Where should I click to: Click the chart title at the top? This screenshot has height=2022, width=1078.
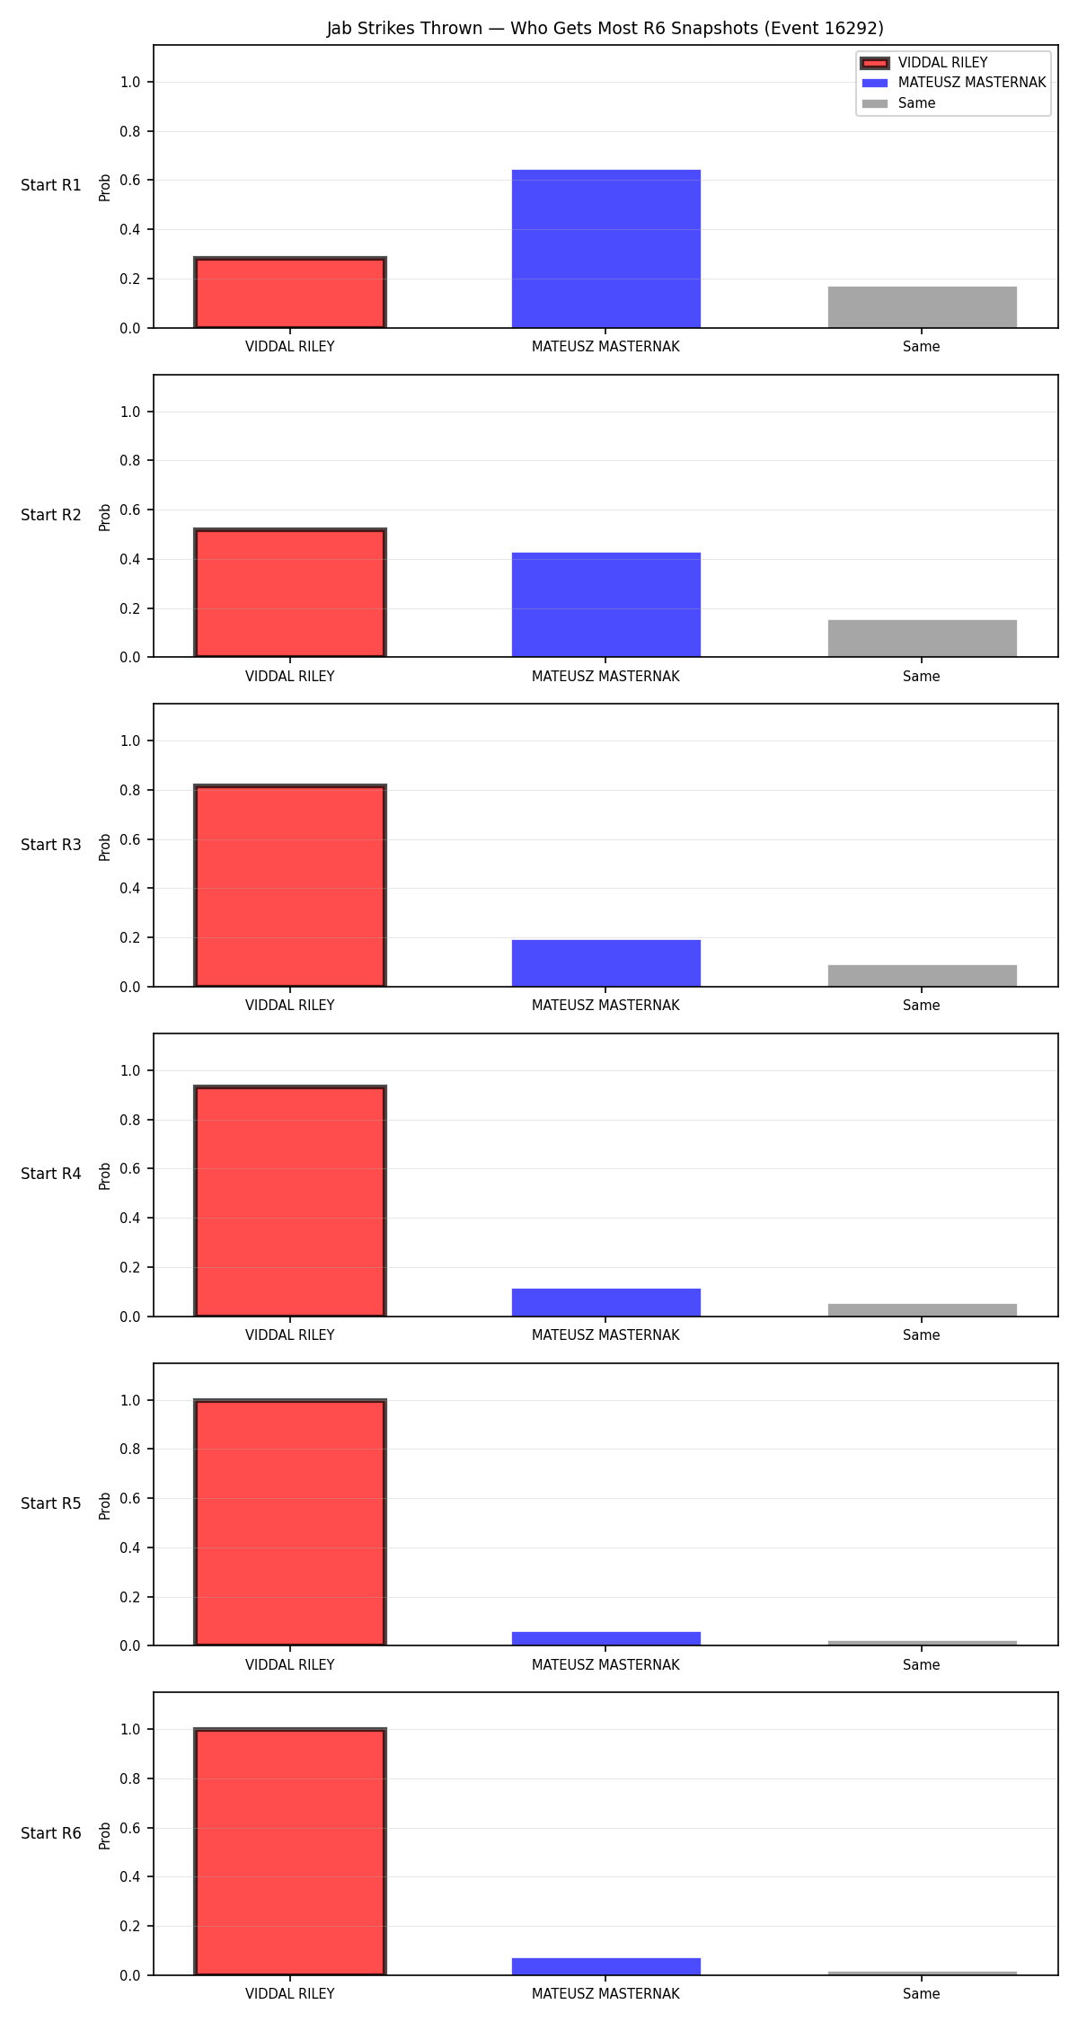click(x=605, y=28)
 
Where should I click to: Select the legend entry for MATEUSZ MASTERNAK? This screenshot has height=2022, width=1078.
click(x=954, y=83)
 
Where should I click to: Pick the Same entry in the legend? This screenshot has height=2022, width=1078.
click(x=898, y=103)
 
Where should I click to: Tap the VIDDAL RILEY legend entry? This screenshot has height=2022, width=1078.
click(x=924, y=63)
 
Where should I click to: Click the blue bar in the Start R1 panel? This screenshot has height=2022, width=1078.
click(x=606, y=249)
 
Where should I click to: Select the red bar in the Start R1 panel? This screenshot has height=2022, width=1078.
click(x=290, y=293)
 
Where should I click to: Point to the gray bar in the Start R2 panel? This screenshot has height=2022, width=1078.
click(x=923, y=639)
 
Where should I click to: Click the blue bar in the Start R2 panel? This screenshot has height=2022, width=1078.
click(x=606, y=605)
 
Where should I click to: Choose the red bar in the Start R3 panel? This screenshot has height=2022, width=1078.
click(x=290, y=886)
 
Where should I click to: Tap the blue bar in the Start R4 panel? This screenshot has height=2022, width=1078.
click(x=606, y=1302)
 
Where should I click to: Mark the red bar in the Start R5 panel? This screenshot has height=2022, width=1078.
click(x=290, y=1522)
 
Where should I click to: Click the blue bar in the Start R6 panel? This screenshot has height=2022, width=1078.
click(x=606, y=1966)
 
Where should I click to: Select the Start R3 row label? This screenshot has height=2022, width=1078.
click(x=51, y=845)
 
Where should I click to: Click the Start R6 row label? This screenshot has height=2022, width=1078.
click(x=51, y=1833)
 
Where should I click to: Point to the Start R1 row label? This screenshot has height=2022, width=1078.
click(x=51, y=185)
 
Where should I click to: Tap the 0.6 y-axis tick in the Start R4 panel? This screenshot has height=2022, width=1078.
click(x=131, y=1169)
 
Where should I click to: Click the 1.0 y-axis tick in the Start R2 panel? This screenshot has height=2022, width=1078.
click(x=131, y=412)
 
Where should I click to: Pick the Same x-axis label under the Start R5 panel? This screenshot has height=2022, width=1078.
click(x=922, y=1665)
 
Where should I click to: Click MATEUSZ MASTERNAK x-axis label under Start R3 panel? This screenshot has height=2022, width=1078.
click(x=605, y=1006)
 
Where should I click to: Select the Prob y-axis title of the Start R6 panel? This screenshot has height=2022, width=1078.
click(x=105, y=1835)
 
